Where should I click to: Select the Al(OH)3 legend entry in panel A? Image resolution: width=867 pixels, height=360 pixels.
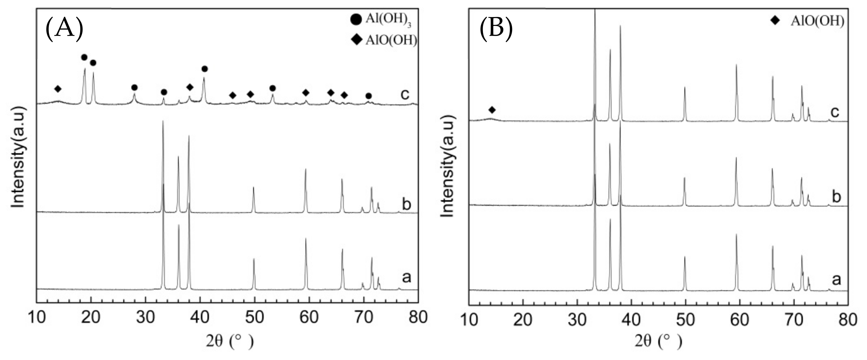pos(381,20)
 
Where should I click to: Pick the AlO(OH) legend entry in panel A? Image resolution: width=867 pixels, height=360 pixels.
pos(384,40)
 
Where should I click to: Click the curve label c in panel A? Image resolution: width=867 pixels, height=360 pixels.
pos(405,94)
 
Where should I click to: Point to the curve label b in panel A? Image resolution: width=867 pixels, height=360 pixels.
pos(406,204)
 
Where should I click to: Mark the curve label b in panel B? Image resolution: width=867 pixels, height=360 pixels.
pos(836,196)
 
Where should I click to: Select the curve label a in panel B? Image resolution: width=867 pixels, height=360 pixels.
pos(836,279)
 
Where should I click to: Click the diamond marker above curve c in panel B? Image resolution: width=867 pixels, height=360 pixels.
pos(492,110)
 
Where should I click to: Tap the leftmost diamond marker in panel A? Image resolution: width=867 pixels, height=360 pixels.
pos(58,89)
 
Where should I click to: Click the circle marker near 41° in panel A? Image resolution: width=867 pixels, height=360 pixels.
pos(204,69)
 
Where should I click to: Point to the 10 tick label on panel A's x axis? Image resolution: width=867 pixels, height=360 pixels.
pos(37,317)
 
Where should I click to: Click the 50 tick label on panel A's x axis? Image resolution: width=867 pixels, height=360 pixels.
pos(255,317)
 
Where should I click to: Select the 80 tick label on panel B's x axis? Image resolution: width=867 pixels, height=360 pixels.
pos(847,320)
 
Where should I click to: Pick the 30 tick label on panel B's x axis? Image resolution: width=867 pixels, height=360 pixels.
pos(577,320)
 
